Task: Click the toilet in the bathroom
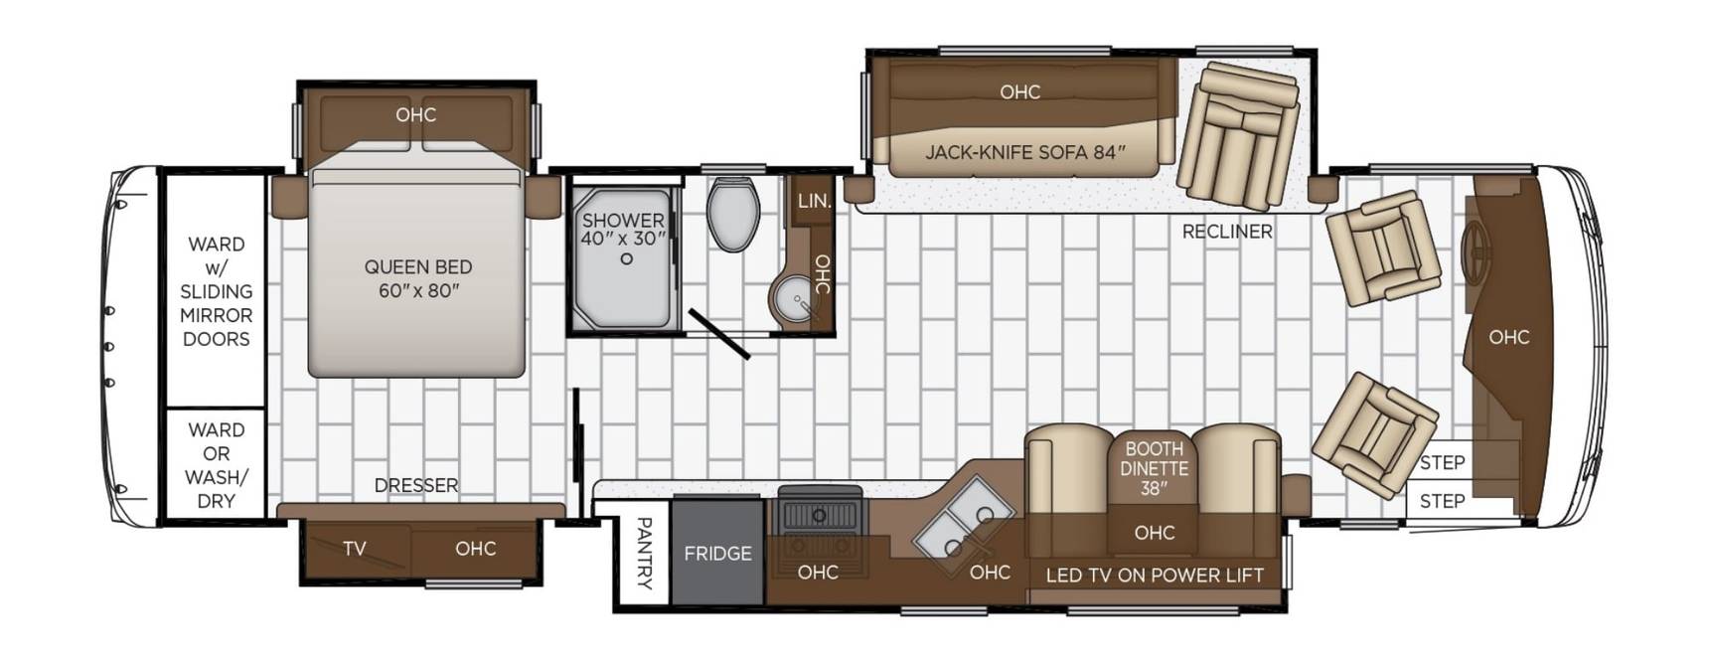pyautogui.click(x=733, y=214)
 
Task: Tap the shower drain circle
pyautogui.click(x=626, y=258)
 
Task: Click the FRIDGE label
pyautogui.click(x=717, y=554)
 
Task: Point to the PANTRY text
pyautogui.click(x=643, y=554)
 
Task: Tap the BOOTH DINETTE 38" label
pyautogui.click(x=1154, y=468)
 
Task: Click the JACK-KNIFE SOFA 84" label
pyautogui.click(x=1025, y=152)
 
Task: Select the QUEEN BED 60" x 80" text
pyautogui.click(x=417, y=278)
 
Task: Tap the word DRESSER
pyautogui.click(x=416, y=485)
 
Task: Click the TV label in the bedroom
pyautogui.click(x=355, y=548)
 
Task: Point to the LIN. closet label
pyautogui.click(x=814, y=201)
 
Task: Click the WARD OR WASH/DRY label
pyautogui.click(x=216, y=465)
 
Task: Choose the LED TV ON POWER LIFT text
pyautogui.click(x=1155, y=575)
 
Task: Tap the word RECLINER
pyautogui.click(x=1227, y=232)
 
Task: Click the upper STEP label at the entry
pyautogui.click(x=1442, y=462)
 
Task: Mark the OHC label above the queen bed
pyautogui.click(x=415, y=114)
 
